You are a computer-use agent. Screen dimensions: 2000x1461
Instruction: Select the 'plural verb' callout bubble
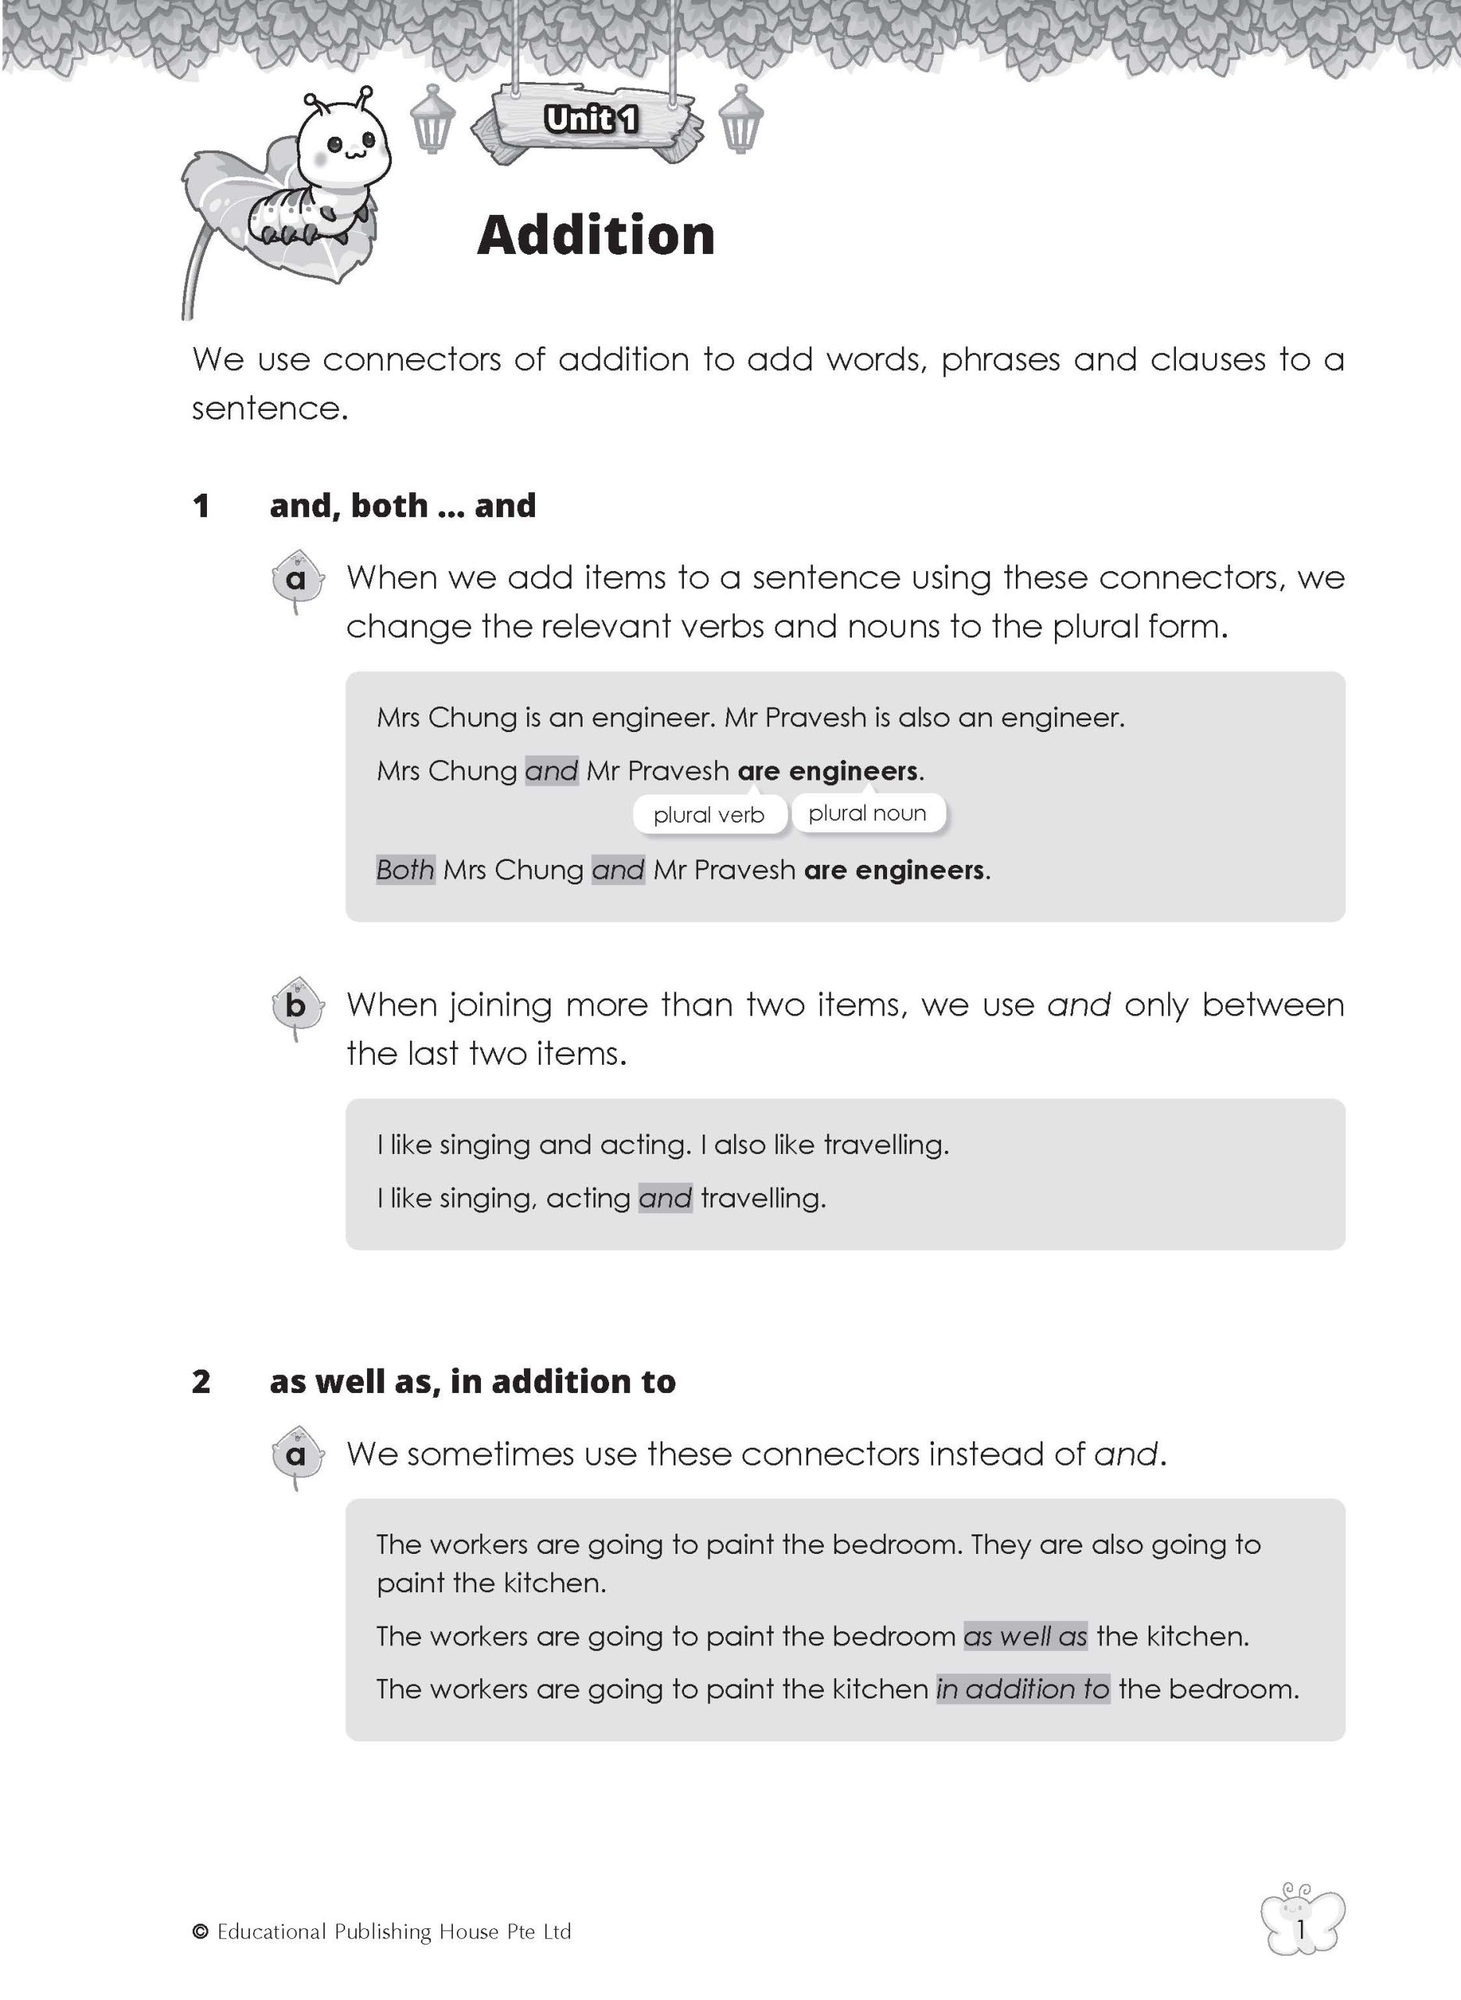[x=708, y=815]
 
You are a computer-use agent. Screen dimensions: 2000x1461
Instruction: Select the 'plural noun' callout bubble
[x=867, y=813]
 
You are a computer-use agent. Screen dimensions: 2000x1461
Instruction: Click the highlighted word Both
[x=405, y=870]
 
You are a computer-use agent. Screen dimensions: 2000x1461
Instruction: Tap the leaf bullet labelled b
[x=296, y=1005]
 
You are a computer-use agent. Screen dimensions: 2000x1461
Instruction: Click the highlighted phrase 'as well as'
[x=1025, y=1636]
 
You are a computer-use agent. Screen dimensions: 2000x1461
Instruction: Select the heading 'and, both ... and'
[x=402, y=505]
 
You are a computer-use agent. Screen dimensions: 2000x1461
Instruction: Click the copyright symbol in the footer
[x=200, y=1933]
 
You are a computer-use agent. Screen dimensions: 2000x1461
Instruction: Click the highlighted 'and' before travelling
[x=665, y=1198]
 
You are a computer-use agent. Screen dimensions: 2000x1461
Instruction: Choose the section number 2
[x=201, y=1382]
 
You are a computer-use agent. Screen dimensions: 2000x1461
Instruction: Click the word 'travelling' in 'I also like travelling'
[x=886, y=1145]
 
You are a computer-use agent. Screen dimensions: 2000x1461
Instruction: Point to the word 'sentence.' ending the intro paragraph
[x=269, y=409]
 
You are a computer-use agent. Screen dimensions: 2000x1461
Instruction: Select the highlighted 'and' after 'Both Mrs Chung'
[x=618, y=870]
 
